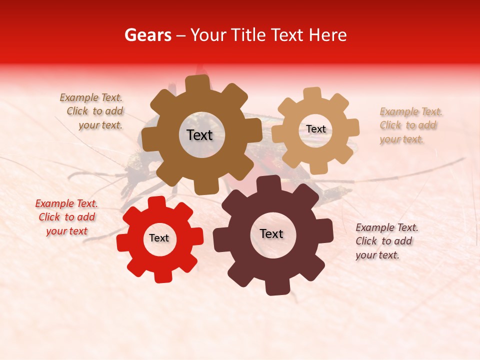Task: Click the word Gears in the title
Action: (x=147, y=35)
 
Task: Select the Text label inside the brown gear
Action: (x=199, y=135)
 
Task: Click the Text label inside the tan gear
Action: (x=316, y=129)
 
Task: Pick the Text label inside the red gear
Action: (x=159, y=238)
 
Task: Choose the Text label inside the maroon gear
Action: (x=271, y=233)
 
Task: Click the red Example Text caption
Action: (x=66, y=217)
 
